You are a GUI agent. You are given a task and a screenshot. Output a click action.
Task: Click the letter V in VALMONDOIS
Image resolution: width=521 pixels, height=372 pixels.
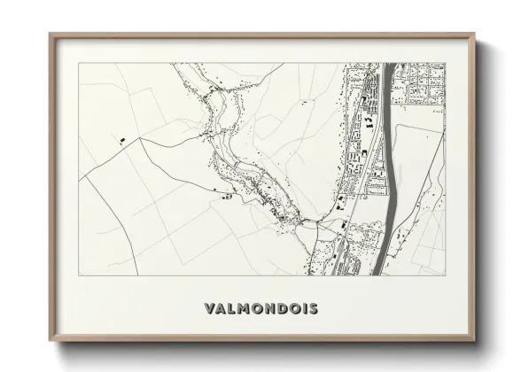pos(208,309)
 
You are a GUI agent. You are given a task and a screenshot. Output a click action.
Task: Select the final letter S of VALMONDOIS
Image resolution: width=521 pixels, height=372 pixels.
pos(314,309)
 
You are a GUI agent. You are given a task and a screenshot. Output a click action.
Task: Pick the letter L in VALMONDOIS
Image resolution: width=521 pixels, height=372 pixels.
pos(233,309)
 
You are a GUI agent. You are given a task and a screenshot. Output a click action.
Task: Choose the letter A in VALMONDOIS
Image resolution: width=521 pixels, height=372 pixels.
pos(222,309)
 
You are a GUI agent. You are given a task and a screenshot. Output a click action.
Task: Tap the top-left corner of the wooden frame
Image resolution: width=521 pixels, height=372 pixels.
pos(51,35)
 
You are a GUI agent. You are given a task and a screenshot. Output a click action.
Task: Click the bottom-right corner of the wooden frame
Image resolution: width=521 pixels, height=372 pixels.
pos(475,343)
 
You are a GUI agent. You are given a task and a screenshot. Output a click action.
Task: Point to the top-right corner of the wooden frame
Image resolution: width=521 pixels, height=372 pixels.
pos(475,35)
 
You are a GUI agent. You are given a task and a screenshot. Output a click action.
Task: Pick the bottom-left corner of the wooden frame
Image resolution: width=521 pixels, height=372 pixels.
pos(51,343)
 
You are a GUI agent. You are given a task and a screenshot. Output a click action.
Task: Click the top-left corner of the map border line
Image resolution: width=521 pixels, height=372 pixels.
pos(80,63)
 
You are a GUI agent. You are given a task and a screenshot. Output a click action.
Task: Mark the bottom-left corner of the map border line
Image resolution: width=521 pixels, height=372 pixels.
pos(80,275)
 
